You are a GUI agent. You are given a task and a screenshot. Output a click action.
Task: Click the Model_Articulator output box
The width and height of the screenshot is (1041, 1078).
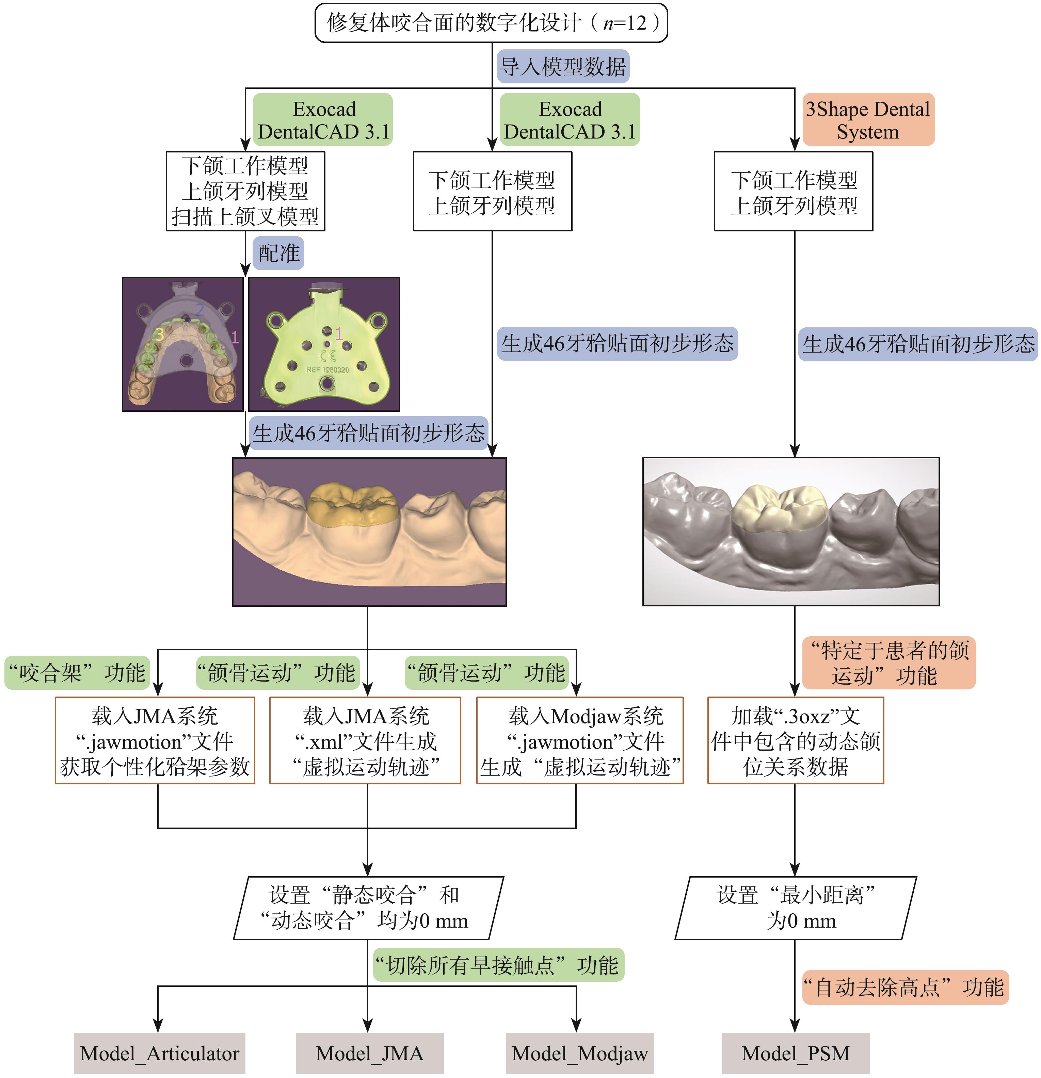tap(160, 1053)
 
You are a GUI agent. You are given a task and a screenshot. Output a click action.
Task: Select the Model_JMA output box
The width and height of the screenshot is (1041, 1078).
tap(369, 1053)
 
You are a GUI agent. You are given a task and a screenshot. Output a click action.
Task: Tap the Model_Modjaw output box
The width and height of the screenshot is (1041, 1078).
tap(579, 1053)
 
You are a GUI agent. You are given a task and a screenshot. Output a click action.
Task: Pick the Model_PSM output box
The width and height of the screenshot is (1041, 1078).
tap(795, 1053)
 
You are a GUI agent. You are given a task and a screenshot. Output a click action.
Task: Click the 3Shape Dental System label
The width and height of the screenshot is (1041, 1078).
tap(868, 120)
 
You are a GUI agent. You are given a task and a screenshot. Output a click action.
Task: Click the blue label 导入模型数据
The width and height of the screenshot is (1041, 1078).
tap(562, 67)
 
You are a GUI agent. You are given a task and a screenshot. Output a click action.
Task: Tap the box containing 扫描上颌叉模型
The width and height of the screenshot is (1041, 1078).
tap(245, 191)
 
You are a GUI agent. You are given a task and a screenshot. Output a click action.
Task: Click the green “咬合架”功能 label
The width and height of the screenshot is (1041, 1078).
tap(77, 672)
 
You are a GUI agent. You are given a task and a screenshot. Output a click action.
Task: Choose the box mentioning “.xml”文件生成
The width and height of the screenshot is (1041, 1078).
tap(365, 740)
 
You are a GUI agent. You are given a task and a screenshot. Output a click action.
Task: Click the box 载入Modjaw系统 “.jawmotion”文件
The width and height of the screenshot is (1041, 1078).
tap(579, 740)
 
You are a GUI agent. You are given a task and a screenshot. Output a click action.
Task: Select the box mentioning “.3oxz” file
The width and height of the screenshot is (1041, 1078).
tap(795, 740)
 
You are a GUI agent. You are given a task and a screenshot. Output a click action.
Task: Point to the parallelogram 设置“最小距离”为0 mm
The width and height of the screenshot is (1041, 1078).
tap(795, 908)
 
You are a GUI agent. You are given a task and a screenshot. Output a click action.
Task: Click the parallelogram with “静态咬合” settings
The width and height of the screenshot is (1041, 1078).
tap(368, 908)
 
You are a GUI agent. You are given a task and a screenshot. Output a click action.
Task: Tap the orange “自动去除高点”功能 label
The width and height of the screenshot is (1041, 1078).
tap(904, 987)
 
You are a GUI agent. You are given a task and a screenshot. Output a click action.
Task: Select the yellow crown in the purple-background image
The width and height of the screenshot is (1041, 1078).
tap(352, 503)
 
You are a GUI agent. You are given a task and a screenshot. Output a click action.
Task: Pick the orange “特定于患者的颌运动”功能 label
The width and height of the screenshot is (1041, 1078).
tap(888, 663)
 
